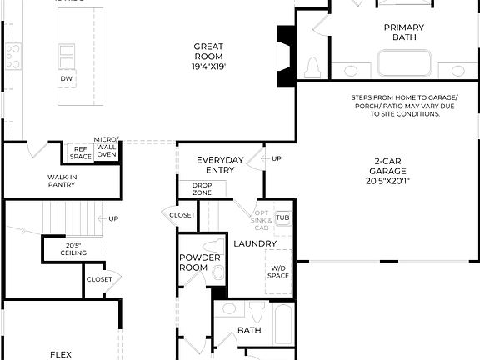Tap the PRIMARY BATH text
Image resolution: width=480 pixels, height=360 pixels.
403,33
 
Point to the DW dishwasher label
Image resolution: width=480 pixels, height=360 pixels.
66,78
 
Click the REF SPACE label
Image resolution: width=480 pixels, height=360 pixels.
80,152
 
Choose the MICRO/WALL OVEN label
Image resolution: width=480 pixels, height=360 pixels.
107,147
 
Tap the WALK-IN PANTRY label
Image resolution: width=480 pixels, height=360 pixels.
62,181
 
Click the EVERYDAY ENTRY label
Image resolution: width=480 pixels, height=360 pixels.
220,164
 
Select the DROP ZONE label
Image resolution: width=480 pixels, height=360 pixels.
201,188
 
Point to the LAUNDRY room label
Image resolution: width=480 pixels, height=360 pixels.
254,243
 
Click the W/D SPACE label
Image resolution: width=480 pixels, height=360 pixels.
278,272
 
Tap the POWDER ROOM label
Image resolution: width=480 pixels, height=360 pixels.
200,262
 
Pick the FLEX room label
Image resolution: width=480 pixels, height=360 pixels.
61,354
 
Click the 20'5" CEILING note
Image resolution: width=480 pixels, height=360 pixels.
72,248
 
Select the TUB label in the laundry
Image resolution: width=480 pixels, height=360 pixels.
282,217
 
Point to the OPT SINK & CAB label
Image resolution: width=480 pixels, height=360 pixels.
262,219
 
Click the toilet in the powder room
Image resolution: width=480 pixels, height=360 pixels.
219,272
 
